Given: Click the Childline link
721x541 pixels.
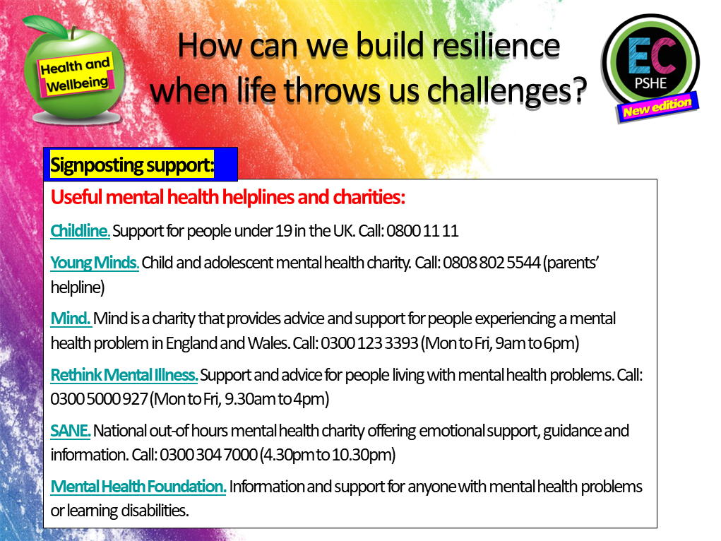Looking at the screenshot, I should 80,230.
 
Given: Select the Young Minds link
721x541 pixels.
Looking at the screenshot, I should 95,263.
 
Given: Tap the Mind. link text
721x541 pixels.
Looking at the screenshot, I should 71,319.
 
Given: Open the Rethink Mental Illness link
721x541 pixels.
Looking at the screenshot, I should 124,374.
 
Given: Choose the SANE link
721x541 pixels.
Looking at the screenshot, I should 71,430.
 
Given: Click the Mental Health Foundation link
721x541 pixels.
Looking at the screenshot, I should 138,486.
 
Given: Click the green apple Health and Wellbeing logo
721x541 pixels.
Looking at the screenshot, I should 74,71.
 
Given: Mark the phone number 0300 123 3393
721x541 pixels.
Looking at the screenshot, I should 369,343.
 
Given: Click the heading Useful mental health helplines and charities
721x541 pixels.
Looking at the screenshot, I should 227,196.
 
